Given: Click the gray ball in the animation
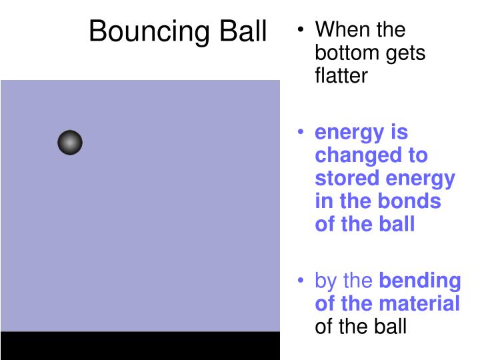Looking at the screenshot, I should point(70,143).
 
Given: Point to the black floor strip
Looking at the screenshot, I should point(140,345).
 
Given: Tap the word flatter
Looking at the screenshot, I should point(341,76).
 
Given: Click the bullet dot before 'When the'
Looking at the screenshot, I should point(302,31).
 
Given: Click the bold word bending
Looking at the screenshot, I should point(419,281).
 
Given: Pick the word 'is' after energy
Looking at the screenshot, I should point(399,133).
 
